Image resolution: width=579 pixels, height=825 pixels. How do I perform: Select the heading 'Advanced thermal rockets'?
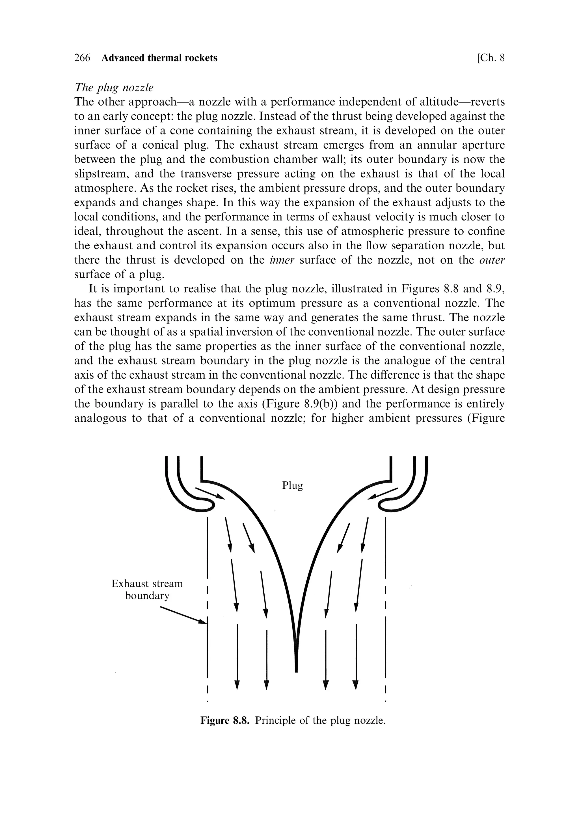tap(159, 58)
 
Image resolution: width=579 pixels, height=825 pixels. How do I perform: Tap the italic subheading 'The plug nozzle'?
tap(114, 87)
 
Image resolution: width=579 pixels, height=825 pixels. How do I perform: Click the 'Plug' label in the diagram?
tap(292, 485)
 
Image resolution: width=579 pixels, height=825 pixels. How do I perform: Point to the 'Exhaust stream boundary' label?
tap(147, 589)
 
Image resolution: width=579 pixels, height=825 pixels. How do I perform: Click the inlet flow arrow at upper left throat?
tap(210, 493)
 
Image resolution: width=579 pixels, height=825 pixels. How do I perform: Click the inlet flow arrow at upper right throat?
tap(383, 493)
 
